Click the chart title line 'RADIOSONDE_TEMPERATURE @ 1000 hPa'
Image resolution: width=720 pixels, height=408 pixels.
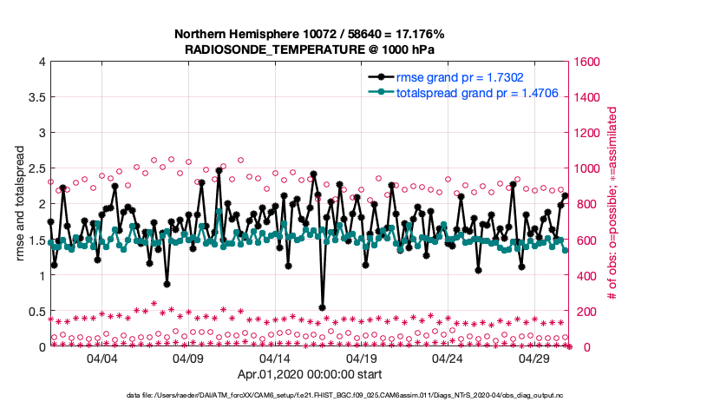pyautogui.click(x=311, y=51)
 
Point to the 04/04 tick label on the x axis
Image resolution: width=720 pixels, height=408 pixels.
pyautogui.click(x=101, y=358)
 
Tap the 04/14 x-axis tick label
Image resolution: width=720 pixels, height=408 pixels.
pyautogui.click(x=274, y=358)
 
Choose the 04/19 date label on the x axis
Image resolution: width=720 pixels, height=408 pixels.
pyautogui.click(x=361, y=358)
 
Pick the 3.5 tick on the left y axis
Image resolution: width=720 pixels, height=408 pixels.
pyautogui.click(x=36, y=97)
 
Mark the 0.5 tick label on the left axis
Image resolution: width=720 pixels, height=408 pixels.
pyautogui.click(x=36, y=312)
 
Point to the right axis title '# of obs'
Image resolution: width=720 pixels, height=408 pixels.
pyautogui.click(x=612, y=205)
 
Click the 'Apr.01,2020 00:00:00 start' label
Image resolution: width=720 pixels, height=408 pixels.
pyautogui.click(x=311, y=376)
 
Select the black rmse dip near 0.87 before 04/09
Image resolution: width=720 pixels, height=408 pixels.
pyautogui.click(x=167, y=284)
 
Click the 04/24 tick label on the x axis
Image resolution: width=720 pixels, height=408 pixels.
pyautogui.click(x=448, y=358)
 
